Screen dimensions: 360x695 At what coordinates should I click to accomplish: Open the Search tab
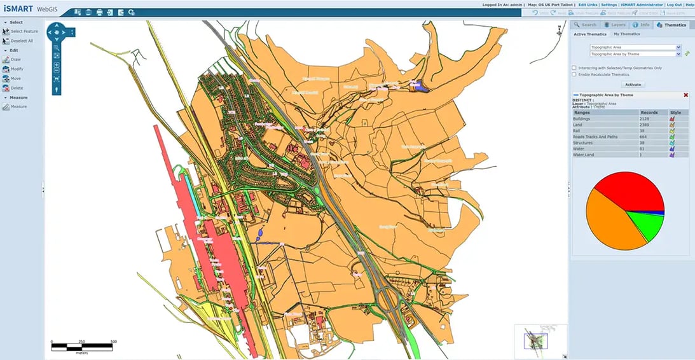(585, 25)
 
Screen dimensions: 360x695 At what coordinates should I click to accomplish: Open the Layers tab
(614, 25)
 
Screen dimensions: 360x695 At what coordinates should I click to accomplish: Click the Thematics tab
(671, 25)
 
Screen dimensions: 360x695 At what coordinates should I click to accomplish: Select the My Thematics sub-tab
(626, 34)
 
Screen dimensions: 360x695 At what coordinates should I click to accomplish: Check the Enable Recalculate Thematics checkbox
(574, 74)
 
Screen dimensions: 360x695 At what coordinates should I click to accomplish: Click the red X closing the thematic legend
(685, 95)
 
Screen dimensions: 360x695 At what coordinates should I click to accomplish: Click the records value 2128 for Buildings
(645, 119)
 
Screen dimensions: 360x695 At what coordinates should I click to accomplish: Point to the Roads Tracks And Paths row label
(595, 137)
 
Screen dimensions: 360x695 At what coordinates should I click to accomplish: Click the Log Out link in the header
(673, 4)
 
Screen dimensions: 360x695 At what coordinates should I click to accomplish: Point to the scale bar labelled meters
(83, 347)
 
